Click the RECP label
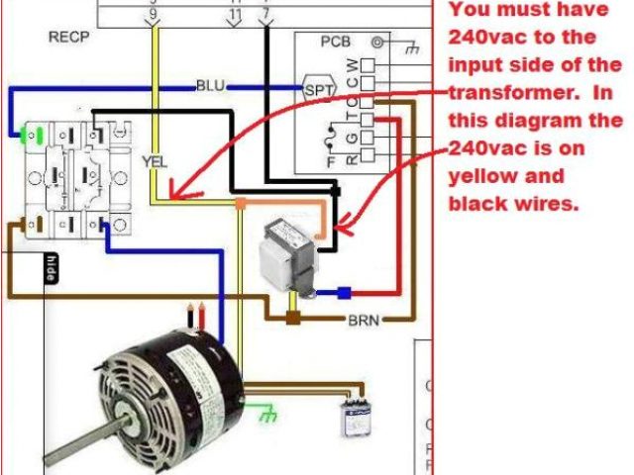[x=69, y=38]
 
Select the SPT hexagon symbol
[x=320, y=88]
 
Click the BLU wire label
[x=210, y=86]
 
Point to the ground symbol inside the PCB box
[x=380, y=44]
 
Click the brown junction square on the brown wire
[x=293, y=319]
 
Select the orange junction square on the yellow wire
[x=240, y=204]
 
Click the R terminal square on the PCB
[x=366, y=154]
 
